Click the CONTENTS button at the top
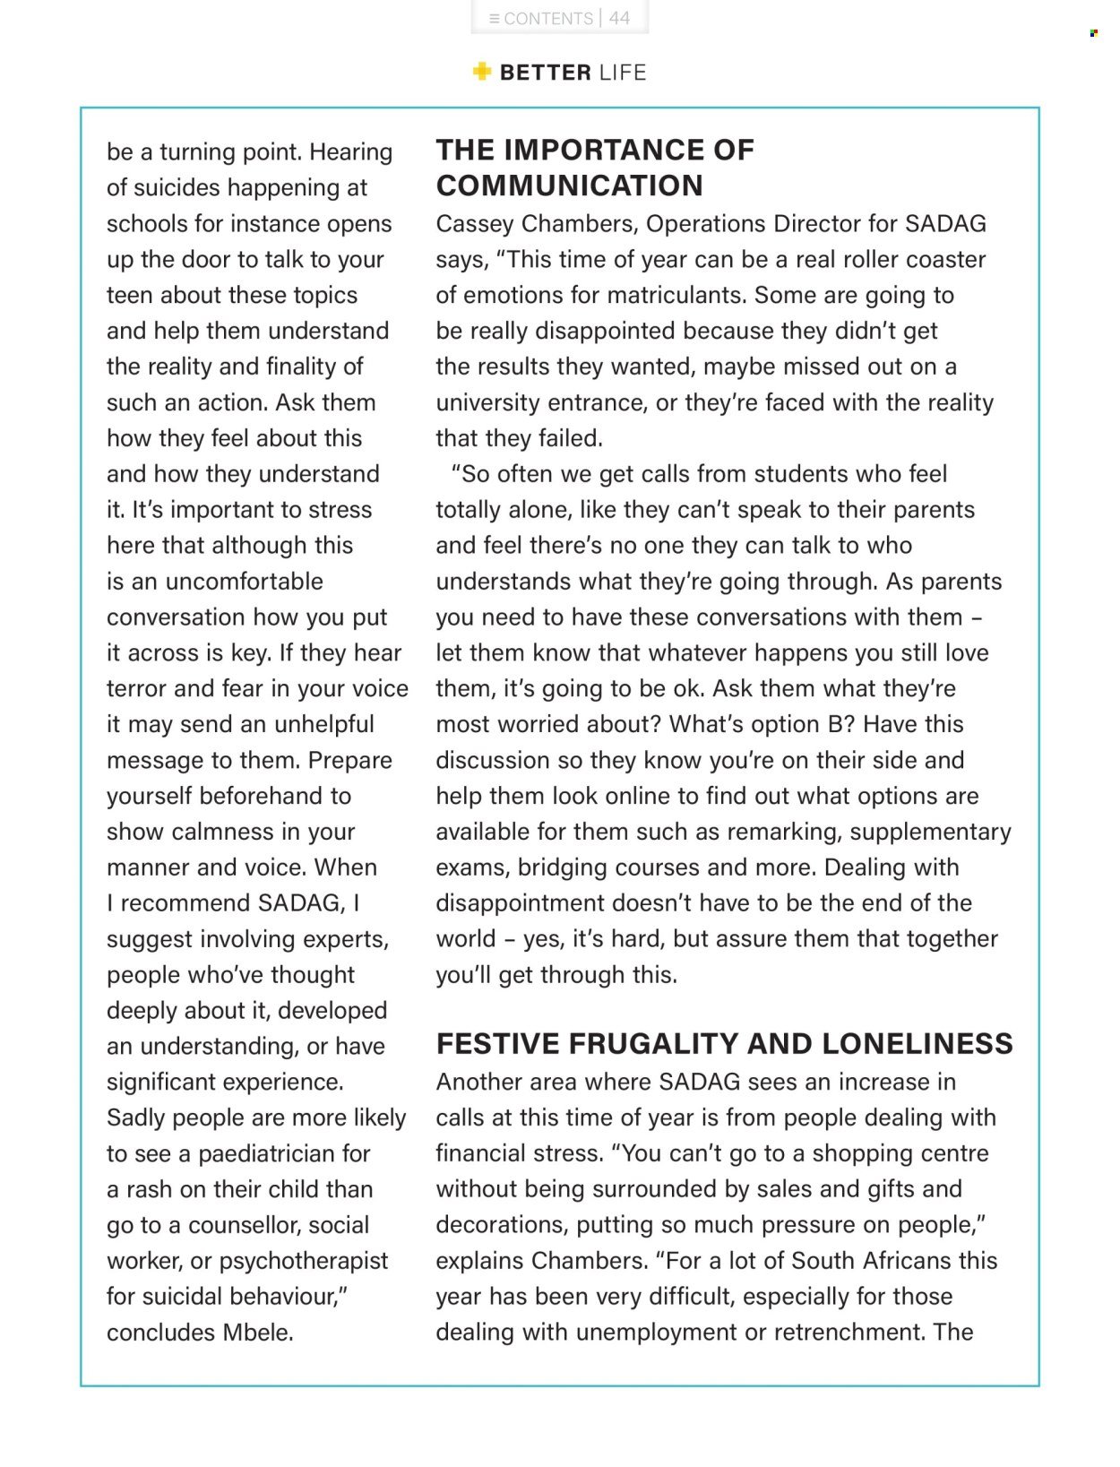click(x=541, y=18)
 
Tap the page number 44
click(x=619, y=18)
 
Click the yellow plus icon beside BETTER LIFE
click(x=482, y=72)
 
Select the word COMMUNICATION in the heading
click(x=569, y=186)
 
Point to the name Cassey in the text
click(x=474, y=223)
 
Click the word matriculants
click(x=676, y=295)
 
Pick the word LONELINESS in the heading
click(x=917, y=1044)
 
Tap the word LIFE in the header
click(x=623, y=73)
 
